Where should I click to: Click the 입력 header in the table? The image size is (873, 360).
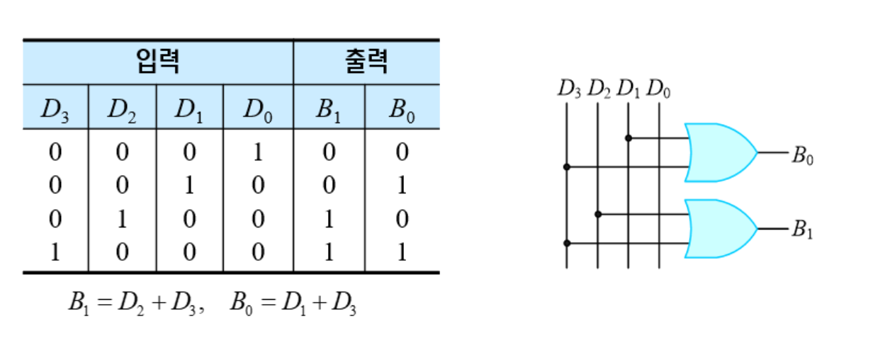coord(157,62)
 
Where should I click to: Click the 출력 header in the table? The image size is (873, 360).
coord(366,62)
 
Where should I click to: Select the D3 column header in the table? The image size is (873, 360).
coord(55,110)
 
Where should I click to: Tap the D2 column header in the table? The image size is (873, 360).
coord(122,110)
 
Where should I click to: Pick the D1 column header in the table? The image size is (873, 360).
coord(189,110)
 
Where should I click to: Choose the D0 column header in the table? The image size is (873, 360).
coord(258,110)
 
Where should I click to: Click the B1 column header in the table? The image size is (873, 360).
coord(329,110)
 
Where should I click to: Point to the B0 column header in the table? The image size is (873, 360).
coord(402,110)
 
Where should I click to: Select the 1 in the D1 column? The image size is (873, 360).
coord(189,186)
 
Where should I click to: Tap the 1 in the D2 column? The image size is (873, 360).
coord(122,219)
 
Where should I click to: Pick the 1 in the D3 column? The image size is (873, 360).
coord(55,252)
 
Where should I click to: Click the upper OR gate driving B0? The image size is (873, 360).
coord(719,152)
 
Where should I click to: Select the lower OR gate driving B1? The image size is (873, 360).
coord(719,229)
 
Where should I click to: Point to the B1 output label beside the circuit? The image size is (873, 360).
coord(802,230)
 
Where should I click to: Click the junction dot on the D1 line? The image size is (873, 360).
coord(629,137)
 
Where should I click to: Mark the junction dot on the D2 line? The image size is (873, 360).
coord(598,214)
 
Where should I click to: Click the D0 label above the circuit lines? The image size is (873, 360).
coord(659,89)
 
